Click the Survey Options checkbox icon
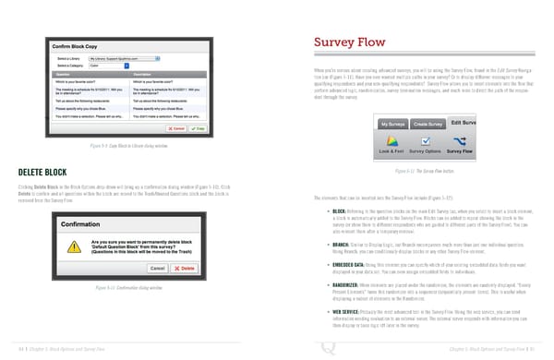(x=426, y=140)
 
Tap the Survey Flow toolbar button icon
(x=459, y=140)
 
